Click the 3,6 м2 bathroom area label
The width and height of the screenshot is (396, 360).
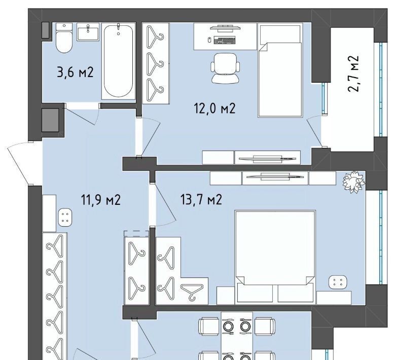(76, 73)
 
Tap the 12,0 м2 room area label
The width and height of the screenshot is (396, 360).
(214, 109)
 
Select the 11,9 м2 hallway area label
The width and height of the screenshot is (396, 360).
(101, 200)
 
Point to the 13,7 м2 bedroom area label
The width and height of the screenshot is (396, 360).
(201, 199)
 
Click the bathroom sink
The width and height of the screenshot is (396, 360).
(88, 32)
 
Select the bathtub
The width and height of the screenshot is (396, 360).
(118, 61)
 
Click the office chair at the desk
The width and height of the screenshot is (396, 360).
(225, 68)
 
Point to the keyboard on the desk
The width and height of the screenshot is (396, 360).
(225, 40)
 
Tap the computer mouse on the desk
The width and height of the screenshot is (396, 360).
(209, 40)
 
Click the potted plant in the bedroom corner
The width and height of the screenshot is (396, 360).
(353, 182)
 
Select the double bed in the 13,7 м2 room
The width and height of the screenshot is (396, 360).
(275, 257)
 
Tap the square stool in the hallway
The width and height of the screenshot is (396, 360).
(65, 217)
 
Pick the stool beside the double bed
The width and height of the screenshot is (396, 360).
(338, 282)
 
